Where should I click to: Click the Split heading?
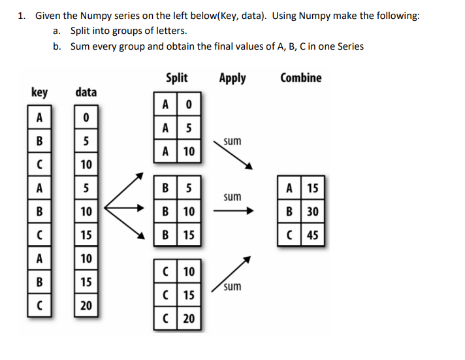(x=176, y=78)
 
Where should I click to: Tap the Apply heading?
(x=232, y=78)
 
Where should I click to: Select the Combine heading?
(x=300, y=78)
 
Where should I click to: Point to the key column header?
(x=39, y=92)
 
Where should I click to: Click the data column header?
(x=86, y=92)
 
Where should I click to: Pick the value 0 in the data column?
(x=86, y=118)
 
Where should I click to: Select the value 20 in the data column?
(x=86, y=305)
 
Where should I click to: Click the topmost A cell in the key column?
(x=40, y=118)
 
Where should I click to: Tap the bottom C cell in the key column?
(x=40, y=305)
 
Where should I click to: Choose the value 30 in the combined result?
(x=312, y=212)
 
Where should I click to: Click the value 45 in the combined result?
(x=312, y=235)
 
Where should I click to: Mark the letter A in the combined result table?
(x=289, y=189)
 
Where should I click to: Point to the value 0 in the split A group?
(x=188, y=105)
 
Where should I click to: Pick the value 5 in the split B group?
(x=188, y=189)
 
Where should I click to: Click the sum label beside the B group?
(x=232, y=197)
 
